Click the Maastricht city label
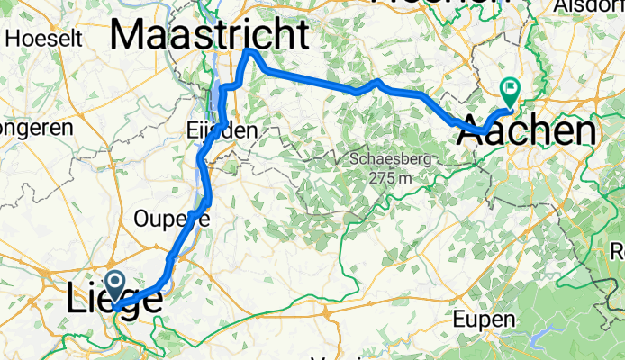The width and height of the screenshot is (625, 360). click(x=209, y=35)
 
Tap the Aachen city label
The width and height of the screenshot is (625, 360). click(x=527, y=133)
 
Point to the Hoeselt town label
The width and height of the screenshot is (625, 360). click(x=44, y=39)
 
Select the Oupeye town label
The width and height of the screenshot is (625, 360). click(x=171, y=219)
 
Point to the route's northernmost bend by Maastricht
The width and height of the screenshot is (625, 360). click(x=251, y=53)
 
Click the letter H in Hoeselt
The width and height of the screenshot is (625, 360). click(x=14, y=39)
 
